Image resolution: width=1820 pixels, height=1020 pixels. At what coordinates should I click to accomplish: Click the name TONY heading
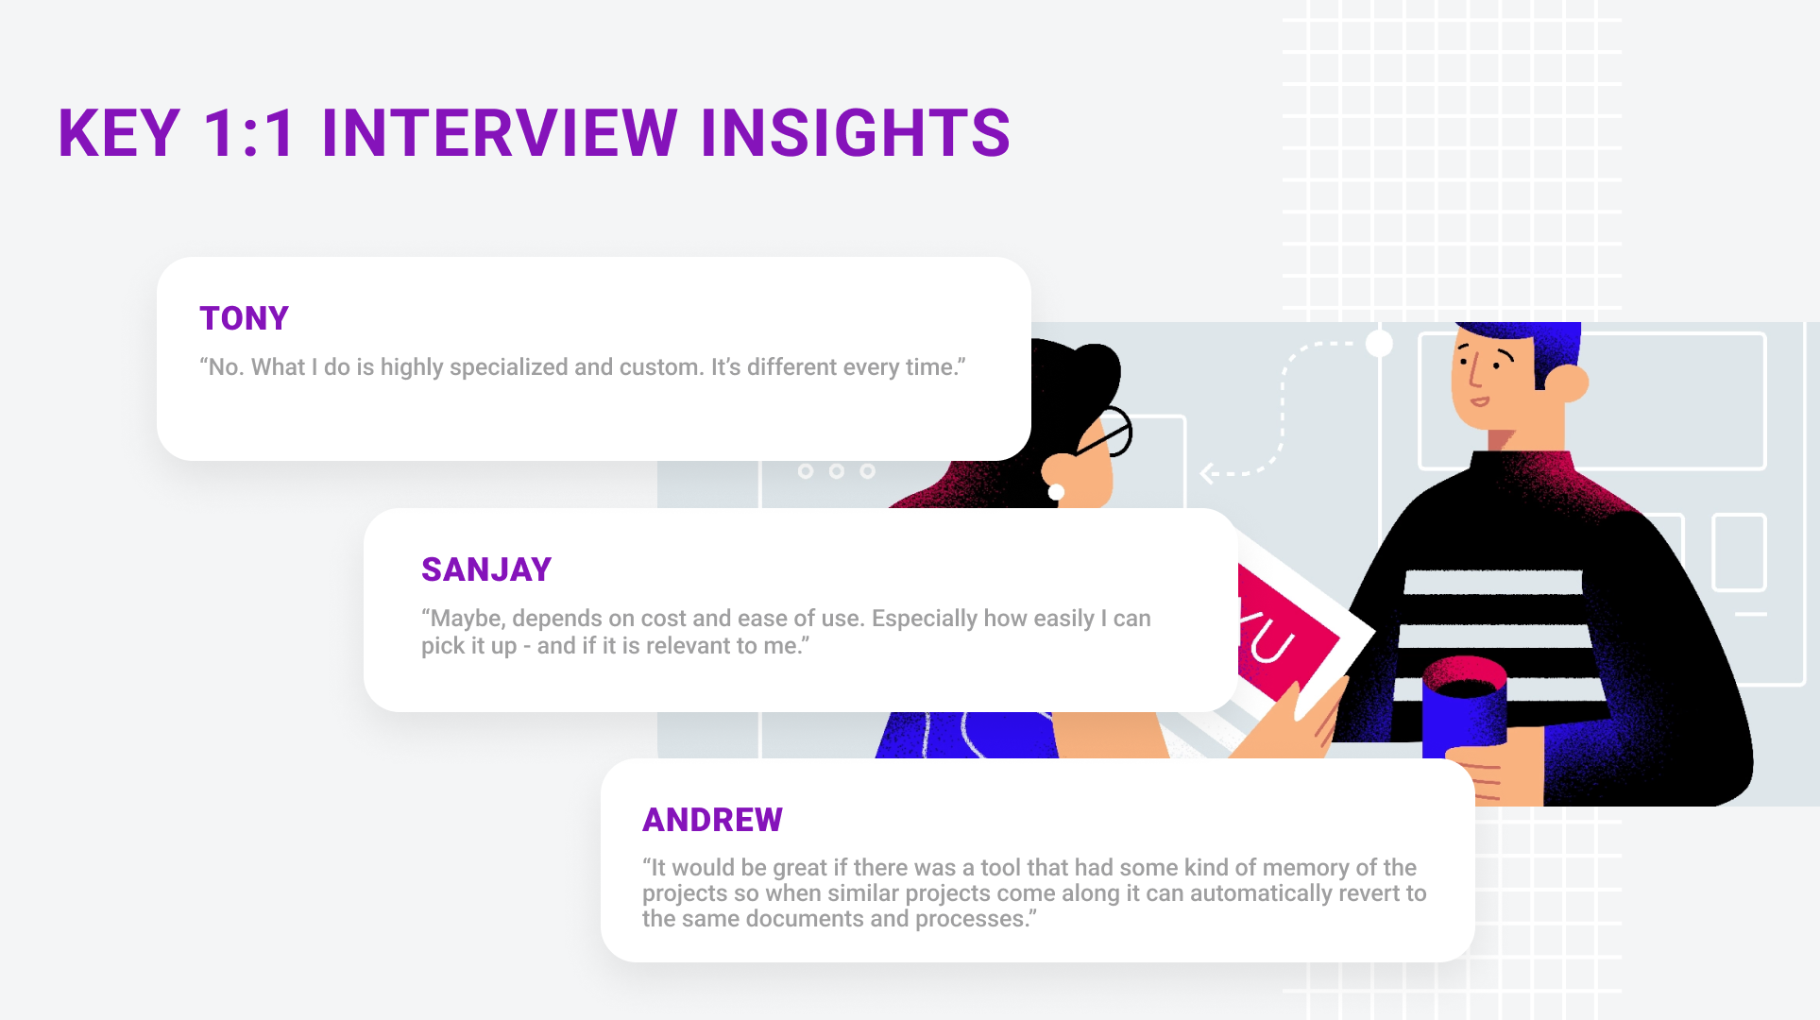[x=244, y=319]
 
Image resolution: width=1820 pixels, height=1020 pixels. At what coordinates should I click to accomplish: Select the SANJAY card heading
[x=486, y=570]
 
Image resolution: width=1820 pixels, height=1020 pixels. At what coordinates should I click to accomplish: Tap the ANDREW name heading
[x=712, y=820]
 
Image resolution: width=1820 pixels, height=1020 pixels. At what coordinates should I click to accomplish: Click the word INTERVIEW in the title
[x=499, y=133]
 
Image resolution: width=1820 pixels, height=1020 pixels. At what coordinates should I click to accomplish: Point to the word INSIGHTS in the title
[x=855, y=133]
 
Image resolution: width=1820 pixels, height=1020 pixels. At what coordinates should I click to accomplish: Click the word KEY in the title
[x=119, y=133]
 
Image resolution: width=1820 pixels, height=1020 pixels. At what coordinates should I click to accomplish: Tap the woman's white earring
[x=1057, y=492]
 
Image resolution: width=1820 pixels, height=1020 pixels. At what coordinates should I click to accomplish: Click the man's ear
[x=1568, y=382]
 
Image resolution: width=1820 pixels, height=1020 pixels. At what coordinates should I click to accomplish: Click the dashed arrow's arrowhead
[x=1206, y=473]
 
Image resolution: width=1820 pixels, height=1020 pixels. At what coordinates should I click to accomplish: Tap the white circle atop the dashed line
[x=1379, y=343]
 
